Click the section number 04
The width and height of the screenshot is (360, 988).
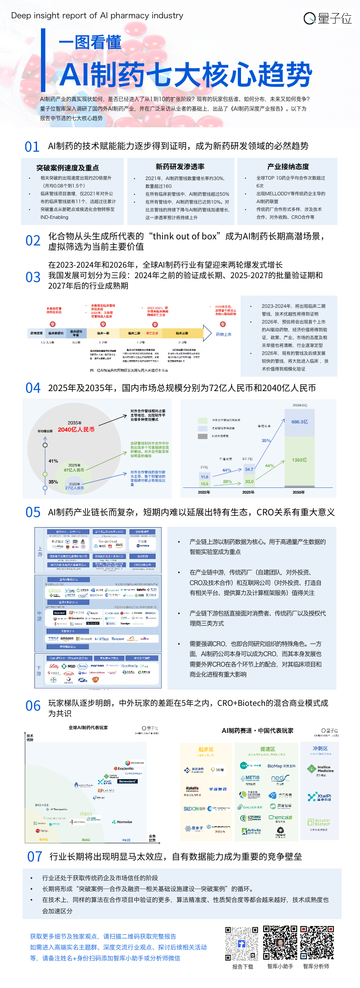coord(33,388)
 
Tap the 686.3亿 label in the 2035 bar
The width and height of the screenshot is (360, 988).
coord(299,422)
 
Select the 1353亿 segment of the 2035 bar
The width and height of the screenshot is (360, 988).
coord(299,460)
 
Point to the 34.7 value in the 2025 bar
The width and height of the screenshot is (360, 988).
coord(249,469)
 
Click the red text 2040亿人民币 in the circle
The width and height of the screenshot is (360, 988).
coord(76,429)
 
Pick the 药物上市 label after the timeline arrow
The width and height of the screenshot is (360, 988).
coord(224,334)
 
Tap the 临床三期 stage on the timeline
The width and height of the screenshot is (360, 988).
coord(182,333)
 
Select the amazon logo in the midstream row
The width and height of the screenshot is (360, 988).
coord(67,639)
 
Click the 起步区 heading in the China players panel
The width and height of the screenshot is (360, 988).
coord(206,749)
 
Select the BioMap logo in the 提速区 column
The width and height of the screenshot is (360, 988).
coord(281,766)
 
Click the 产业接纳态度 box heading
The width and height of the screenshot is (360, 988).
coord(288,167)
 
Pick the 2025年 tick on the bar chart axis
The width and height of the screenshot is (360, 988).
coord(248,492)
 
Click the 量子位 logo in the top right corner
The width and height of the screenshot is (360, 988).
coord(328,18)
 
